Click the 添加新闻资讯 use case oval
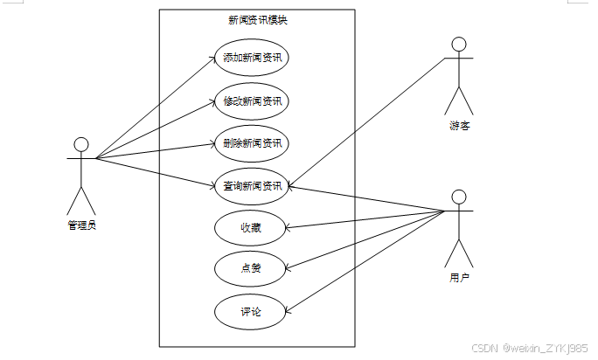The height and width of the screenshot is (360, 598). [x=251, y=59]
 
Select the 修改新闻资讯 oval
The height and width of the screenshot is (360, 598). [x=251, y=101]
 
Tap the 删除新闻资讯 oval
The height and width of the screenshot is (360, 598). [x=251, y=143]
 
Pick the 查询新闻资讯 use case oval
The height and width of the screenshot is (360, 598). [x=251, y=185]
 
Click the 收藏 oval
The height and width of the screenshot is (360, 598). [x=251, y=228]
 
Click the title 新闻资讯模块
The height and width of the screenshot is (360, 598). [x=257, y=20]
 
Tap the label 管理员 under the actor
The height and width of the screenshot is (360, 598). [x=81, y=225]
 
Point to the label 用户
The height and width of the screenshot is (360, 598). [x=459, y=278]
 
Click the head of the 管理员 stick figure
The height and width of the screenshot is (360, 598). [x=81, y=144]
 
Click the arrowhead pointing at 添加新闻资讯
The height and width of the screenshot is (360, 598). [x=213, y=59]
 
